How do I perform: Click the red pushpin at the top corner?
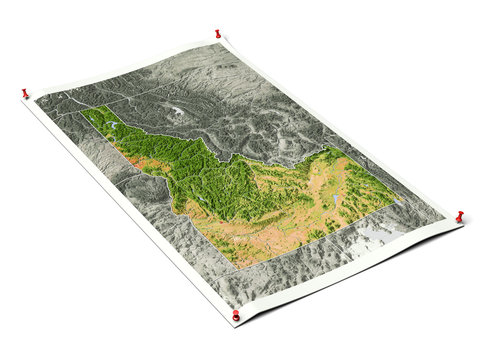(x=218, y=34)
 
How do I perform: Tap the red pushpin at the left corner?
(x=25, y=94)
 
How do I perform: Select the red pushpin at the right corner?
(x=460, y=216)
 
